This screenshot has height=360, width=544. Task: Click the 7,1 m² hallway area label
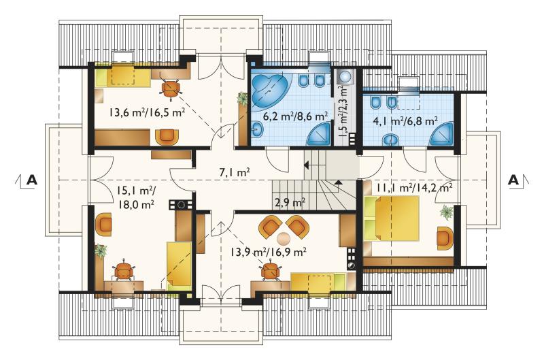235,172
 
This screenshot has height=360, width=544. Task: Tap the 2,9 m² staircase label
290,201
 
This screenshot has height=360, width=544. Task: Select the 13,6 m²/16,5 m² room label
147,113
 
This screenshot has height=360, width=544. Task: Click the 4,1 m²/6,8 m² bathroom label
405,121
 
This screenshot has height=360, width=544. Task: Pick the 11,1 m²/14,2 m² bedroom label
414,188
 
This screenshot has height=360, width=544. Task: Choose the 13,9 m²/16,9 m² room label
268,251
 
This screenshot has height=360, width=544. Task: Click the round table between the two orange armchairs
284,238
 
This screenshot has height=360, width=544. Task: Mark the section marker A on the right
513,180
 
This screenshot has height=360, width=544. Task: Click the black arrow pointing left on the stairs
307,165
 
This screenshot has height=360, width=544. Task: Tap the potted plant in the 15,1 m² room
101,250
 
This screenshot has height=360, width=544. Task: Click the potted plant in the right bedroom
447,212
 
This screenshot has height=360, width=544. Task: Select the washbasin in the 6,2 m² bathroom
257,129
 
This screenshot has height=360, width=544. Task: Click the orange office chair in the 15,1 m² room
124,269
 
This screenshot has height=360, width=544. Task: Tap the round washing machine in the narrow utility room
345,76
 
